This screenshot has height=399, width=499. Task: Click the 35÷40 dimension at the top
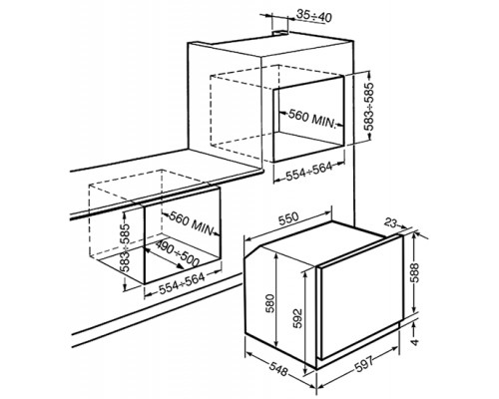coord(313,16)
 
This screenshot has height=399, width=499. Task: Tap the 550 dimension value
coord(287,219)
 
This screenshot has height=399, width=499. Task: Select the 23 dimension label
coord(391,223)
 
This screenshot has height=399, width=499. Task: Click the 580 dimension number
coord(270,303)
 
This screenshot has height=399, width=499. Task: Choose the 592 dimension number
coord(297,318)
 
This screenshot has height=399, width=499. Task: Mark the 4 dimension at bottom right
coord(414,341)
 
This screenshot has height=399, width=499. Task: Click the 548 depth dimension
coord(278,369)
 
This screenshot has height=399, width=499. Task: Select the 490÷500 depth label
coord(178,253)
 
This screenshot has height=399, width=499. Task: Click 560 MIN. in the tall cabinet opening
coord(310,119)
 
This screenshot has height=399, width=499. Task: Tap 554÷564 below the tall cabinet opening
coord(304,170)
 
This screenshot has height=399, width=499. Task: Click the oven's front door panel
coord(361,296)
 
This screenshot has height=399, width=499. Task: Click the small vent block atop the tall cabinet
coord(281,33)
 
